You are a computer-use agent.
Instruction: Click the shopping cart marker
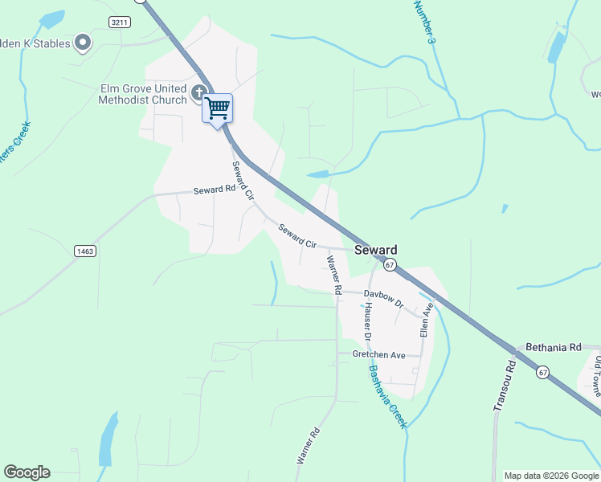pos(218,108)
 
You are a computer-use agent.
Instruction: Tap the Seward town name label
pos(376,250)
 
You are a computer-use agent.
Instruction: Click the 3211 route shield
pos(120,22)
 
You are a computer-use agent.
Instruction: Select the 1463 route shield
pos(85,251)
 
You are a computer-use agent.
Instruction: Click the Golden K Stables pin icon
pos(83,43)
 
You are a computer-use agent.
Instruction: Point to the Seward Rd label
pos(214,190)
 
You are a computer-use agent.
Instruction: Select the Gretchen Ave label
pos(379,354)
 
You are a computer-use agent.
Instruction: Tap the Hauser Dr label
pos(370,319)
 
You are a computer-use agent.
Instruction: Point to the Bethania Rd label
pos(552,348)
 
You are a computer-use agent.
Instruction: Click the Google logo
pos(27,472)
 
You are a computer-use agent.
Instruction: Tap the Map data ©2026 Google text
pos(550,476)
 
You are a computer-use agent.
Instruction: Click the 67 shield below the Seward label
pos(390,264)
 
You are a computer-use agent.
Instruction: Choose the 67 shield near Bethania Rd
pos(544,371)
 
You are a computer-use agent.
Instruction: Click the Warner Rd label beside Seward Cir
pos(335,274)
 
